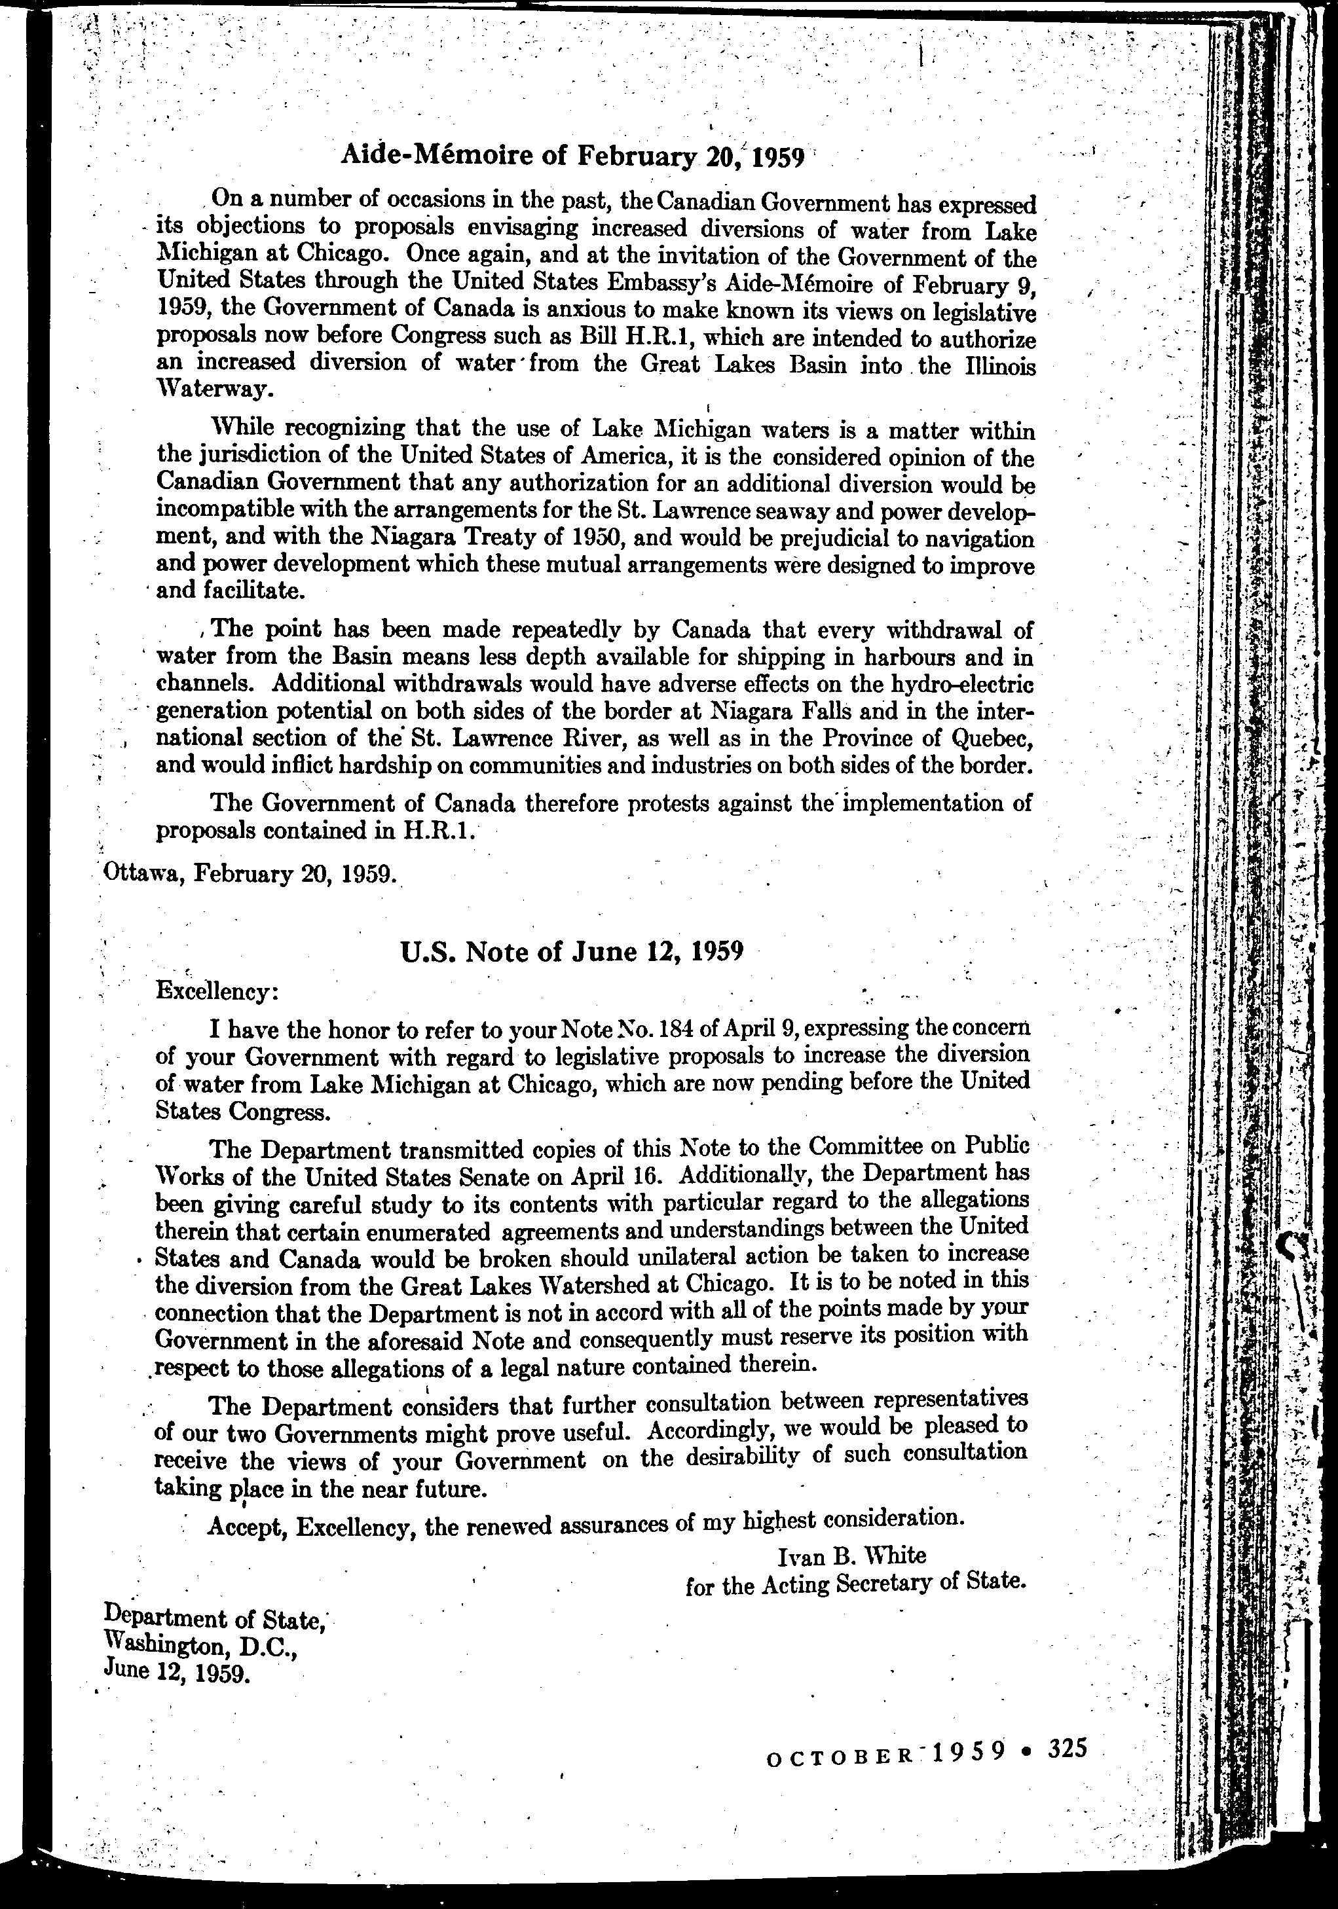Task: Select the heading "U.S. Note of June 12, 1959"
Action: (x=571, y=951)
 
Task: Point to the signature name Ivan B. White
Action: (x=851, y=1555)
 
